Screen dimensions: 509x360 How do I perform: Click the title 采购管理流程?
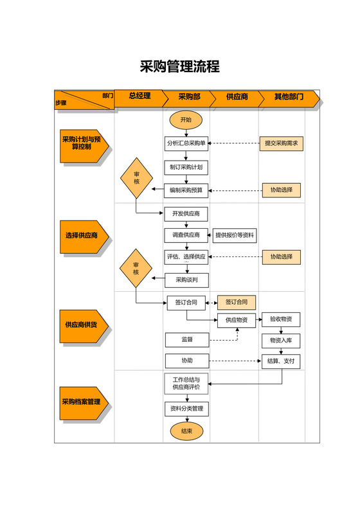pyautogui.click(x=180, y=67)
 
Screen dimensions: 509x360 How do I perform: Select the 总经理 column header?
pyautogui.click(x=139, y=96)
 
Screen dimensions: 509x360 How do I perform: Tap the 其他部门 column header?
pyautogui.click(x=289, y=97)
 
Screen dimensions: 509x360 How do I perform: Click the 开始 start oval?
pyautogui.click(x=186, y=120)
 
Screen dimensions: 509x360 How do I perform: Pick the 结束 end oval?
pyautogui.click(x=186, y=431)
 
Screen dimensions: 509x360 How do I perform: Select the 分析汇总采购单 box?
pyautogui.click(x=186, y=144)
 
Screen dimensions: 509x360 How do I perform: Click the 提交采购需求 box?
pyautogui.click(x=282, y=144)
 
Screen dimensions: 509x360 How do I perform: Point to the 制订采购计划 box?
pyautogui.click(x=186, y=167)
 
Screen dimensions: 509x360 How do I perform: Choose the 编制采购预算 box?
pyautogui.click(x=186, y=190)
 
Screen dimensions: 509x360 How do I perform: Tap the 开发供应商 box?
pyautogui.click(x=186, y=213)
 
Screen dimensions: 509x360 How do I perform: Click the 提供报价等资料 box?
pyautogui.click(x=235, y=236)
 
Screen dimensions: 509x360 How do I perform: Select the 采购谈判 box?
pyautogui.click(x=186, y=280)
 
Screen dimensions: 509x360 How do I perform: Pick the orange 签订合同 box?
pyautogui.click(x=236, y=302)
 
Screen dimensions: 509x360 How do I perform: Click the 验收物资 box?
pyautogui.click(x=281, y=319)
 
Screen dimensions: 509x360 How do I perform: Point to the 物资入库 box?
pyautogui.click(x=281, y=341)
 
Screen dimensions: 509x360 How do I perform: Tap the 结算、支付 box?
pyautogui.click(x=281, y=361)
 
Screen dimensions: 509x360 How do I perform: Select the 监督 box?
pyautogui.click(x=187, y=339)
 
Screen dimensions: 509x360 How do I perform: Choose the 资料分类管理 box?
pyautogui.click(x=186, y=408)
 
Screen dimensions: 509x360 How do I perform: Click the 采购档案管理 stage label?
pyautogui.click(x=82, y=402)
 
